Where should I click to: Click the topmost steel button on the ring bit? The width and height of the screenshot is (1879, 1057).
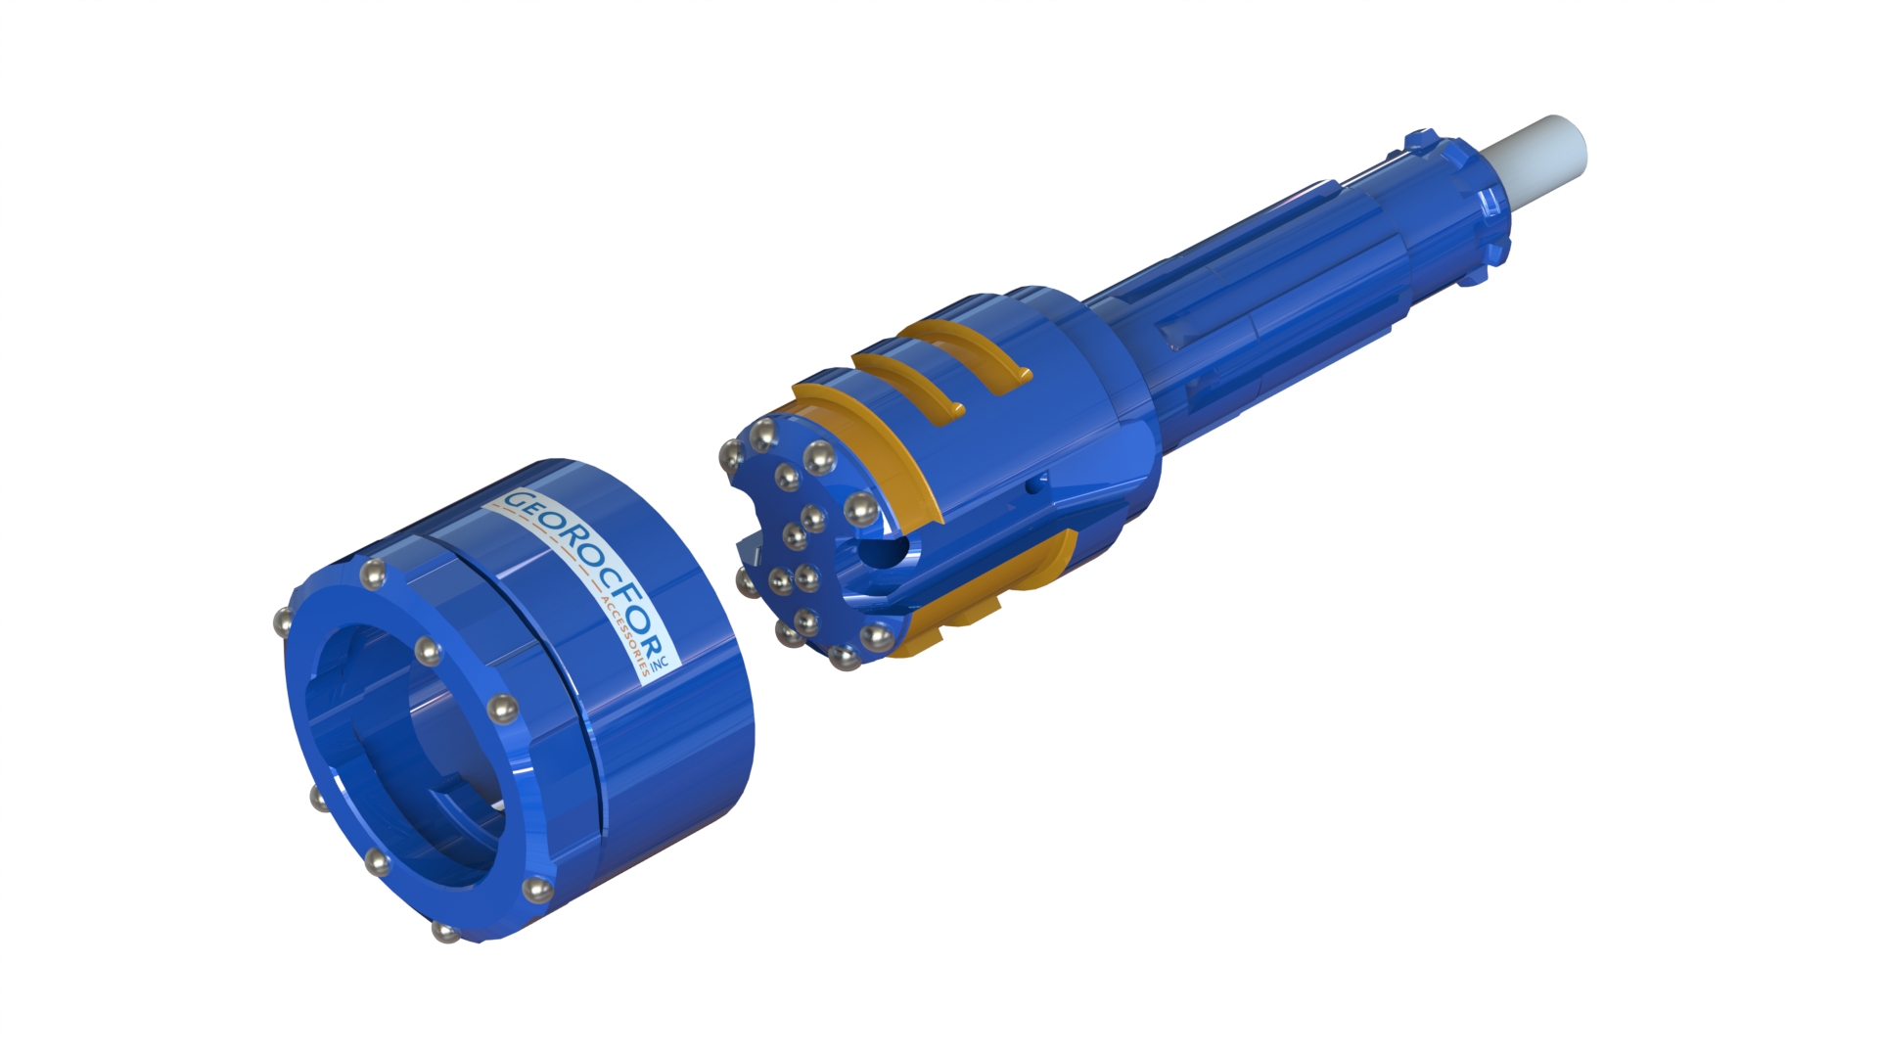[x=371, y=574]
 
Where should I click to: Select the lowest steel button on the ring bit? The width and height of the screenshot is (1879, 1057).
[x=445, y=931]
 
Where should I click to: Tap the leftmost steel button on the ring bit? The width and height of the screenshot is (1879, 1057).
[x=284, y=620]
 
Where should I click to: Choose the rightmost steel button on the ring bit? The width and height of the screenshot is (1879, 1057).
[x=535, y=890]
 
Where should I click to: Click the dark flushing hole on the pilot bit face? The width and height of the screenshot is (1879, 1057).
[x=882, y=551]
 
